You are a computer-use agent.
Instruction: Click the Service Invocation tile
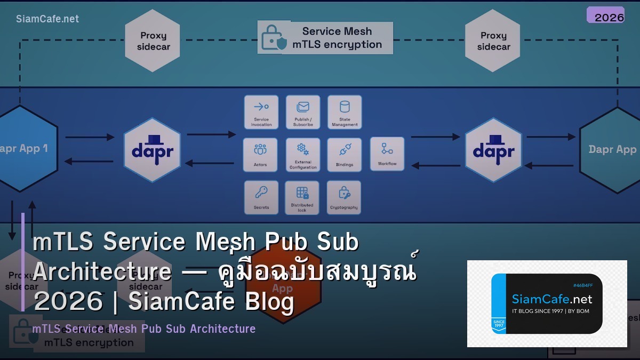[261, 112]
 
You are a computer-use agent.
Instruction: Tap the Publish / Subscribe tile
[303, 112]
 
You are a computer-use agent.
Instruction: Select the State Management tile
[345, 112]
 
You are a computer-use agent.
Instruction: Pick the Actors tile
[260, 155]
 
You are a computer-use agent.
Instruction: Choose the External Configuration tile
[303, 155]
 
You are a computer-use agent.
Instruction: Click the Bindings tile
[345, 155]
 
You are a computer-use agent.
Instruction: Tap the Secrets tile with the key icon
[261, 197]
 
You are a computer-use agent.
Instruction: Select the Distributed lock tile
[302, 197]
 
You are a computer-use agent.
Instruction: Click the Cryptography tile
[344, 197]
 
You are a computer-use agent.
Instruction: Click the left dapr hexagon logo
[153, 150]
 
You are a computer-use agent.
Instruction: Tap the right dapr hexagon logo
[493, 150]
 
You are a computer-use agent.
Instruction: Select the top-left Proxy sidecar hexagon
[153, 41]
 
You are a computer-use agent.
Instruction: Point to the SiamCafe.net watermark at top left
[47, 19]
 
